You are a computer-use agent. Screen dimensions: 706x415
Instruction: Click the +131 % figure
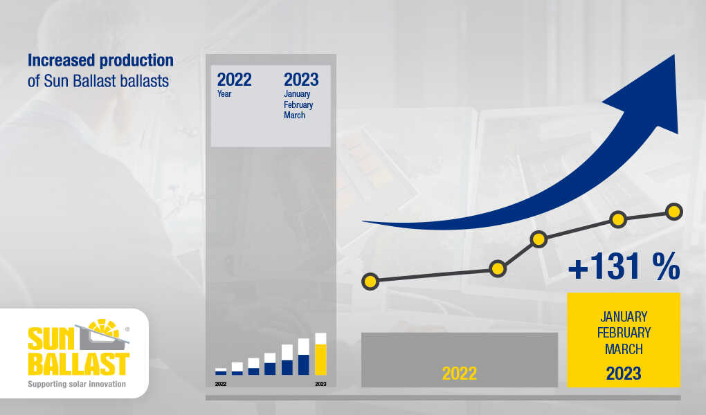pos(624,266)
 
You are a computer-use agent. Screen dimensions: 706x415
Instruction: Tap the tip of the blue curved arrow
pos(674,55)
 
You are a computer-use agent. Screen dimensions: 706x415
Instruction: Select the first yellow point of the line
pos(370,282)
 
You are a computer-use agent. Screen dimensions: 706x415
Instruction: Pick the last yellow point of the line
pos(674,212)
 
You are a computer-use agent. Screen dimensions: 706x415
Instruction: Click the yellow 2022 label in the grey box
pos(460,373)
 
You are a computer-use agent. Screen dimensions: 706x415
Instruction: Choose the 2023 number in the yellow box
pos(624,373)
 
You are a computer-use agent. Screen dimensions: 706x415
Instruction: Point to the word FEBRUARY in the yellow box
pos(624,333)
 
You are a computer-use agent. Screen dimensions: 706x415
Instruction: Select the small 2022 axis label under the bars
pos(221,384)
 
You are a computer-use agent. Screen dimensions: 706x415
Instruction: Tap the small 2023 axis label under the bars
pos(320,384)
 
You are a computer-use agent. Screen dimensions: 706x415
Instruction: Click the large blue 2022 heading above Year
pos(234,80)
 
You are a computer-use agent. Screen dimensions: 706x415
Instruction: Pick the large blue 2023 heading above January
pos(301,80)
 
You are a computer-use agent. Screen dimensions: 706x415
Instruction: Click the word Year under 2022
pos(224,94)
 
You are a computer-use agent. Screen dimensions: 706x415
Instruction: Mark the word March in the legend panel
pos(294,116)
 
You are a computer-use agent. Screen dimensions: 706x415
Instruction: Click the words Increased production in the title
pos(100,60)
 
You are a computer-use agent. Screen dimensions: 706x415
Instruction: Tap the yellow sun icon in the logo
pos(104,329)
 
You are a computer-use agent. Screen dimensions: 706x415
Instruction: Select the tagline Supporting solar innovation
pos(77,384)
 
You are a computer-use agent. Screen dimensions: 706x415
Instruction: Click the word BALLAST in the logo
pos(79,364)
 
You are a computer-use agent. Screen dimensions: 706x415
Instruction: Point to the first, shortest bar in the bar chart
pos(221,371)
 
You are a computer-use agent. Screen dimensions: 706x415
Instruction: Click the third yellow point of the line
pos(538,239)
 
